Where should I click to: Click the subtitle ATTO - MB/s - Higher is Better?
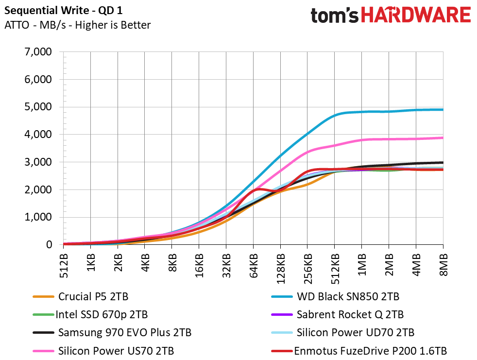[x=77, y=25]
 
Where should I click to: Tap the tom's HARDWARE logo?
[x=391, y=15]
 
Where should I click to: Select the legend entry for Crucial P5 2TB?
[x=93, y=296]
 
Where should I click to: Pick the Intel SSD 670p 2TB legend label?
[x=102, y=314]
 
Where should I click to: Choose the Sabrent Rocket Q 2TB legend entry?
[x=350, y=314]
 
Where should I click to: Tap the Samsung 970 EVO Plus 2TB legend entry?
[x=124, y=333]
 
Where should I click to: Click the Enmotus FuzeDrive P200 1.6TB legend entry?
[x=370, y=351]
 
